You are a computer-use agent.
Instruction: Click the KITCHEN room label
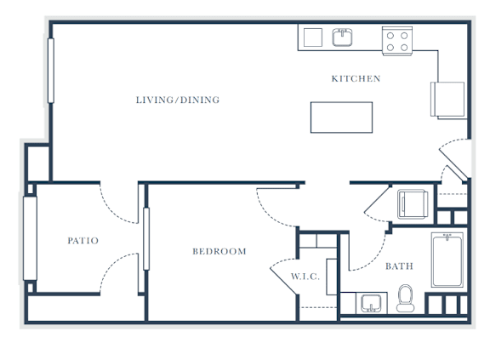click(356, 78)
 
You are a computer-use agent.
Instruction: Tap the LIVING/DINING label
click(178, 100)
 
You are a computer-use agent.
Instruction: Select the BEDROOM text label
click(219, 251)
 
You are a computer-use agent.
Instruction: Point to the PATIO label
click(83, 240)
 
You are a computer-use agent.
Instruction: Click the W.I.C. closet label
click(305, 277)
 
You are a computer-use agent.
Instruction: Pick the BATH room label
click(399, 266)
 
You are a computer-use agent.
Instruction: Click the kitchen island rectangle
click(341, 117)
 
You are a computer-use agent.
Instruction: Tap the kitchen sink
click(342, 37)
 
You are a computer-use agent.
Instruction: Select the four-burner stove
click(397, 41)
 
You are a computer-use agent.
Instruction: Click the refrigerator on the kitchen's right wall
click(447, 100)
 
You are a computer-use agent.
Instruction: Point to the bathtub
click(447, 260)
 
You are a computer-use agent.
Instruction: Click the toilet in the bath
click(405, 298)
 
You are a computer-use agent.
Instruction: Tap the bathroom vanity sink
click(371, 303)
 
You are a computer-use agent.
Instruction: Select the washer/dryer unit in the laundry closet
click(413, 204)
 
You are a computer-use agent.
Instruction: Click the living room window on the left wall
click(51, 71)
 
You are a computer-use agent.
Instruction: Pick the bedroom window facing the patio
click(146, 239)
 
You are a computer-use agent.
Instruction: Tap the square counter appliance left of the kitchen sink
click(313, 37)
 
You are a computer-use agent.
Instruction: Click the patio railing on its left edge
click(30, 238)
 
